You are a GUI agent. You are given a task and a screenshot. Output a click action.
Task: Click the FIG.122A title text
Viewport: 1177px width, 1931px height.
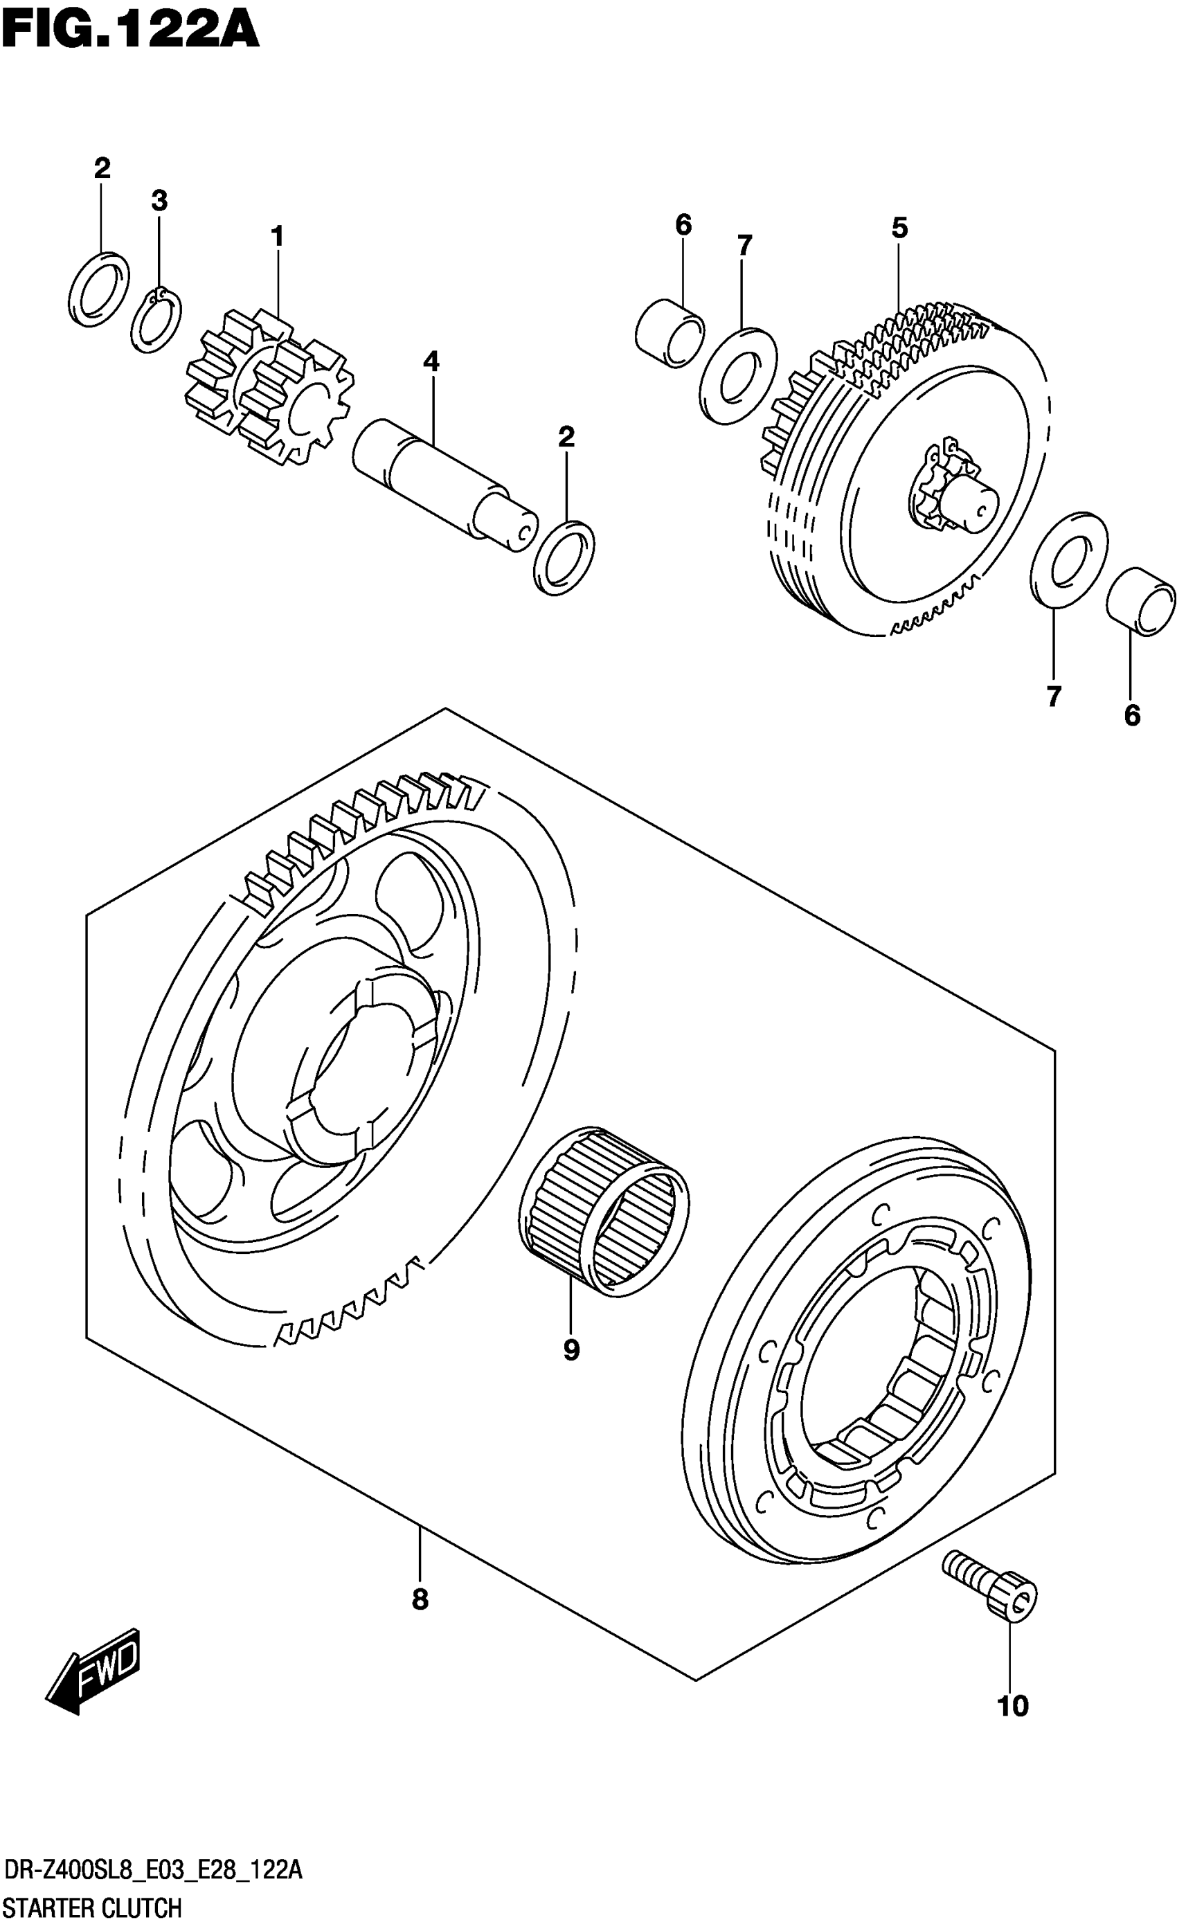(129, 30)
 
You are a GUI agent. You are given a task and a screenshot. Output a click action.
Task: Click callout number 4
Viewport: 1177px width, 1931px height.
(431, 361)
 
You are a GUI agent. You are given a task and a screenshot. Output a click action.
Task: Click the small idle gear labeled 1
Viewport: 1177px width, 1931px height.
(270, 388)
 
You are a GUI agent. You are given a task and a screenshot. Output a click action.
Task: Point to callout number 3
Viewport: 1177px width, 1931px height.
(159, 201)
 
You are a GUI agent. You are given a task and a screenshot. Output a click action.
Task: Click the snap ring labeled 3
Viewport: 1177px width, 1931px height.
(156, 321)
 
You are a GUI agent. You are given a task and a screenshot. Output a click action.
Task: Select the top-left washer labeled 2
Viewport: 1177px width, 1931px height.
(100, 289)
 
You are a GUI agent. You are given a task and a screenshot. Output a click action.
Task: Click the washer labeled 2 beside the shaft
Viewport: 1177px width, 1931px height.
(564, 557)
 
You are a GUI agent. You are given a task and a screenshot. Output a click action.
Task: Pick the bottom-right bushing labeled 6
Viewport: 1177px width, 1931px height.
(1140, 600)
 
